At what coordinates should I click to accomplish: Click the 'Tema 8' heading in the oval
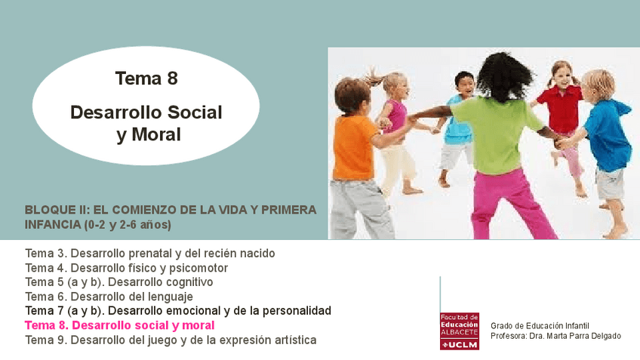pos(146,78)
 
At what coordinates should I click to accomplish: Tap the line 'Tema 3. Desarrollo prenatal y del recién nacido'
pos(149,253)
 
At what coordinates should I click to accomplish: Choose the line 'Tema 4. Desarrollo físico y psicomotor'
pos(126,267)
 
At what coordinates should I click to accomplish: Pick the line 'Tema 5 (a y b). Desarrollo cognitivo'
pos(118,282)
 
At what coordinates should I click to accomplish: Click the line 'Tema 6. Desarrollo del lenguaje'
pos(109,296)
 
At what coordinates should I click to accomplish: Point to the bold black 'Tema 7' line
pos(177,310)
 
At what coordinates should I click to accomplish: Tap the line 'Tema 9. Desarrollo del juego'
pos(171,340)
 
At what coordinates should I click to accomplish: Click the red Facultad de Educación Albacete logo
pos(459,331)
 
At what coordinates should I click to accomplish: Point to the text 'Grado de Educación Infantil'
pos(540,325)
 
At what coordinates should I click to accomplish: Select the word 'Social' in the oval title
pos(193,112)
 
